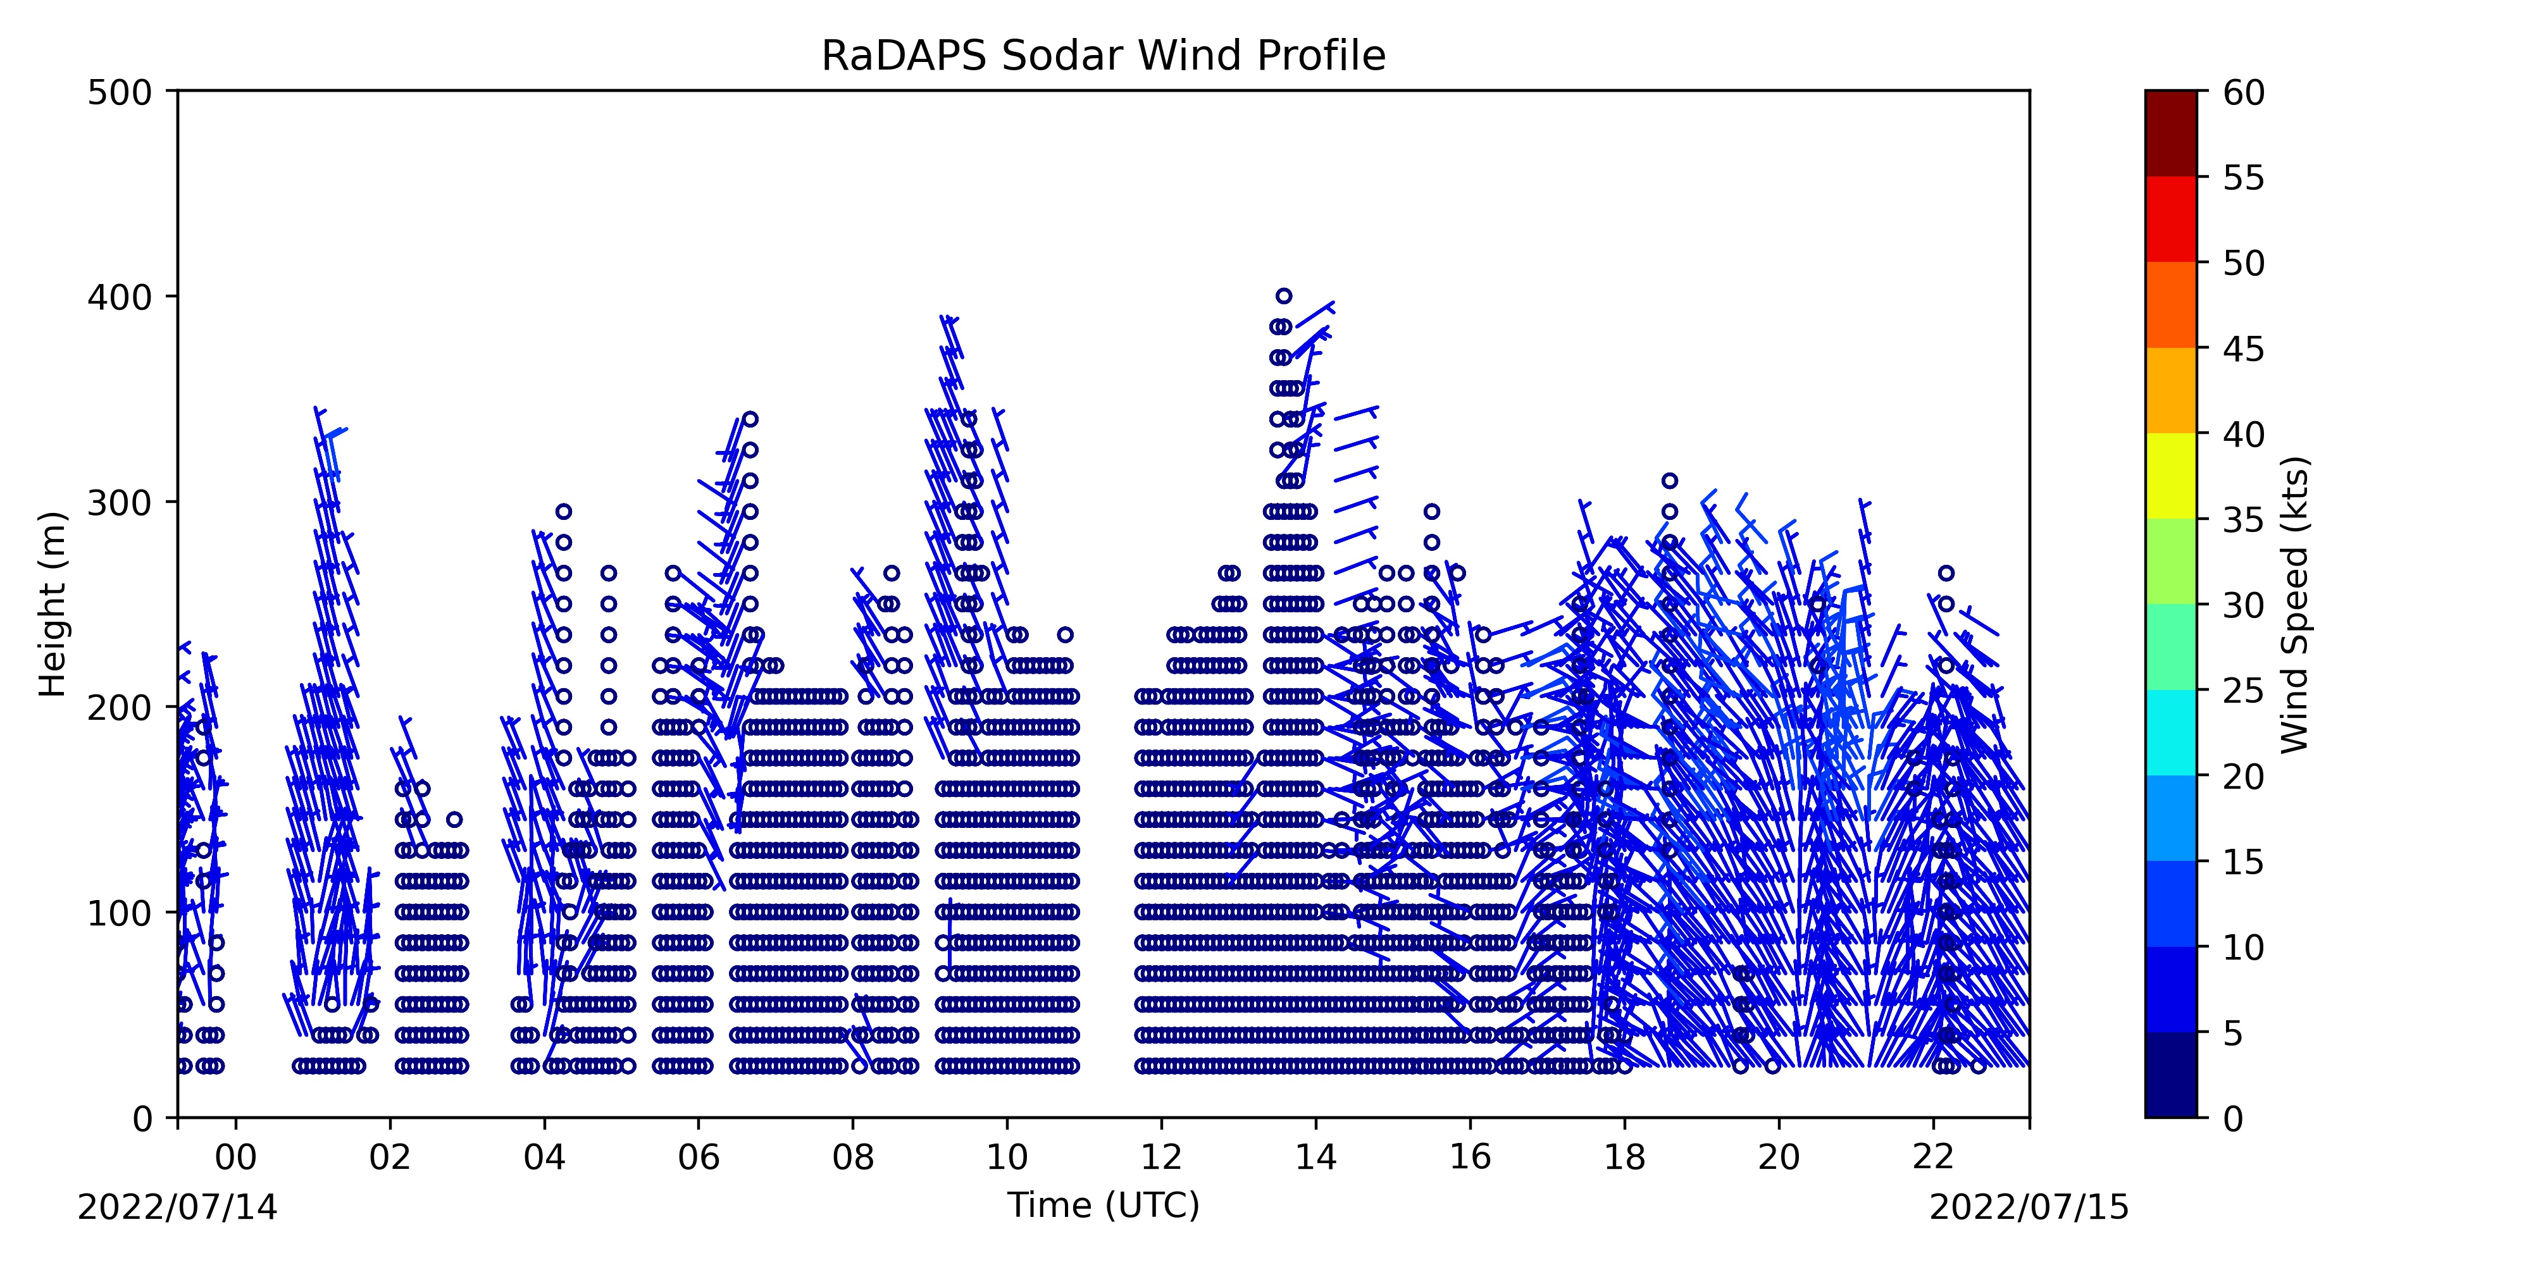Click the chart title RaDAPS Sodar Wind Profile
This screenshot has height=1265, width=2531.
tap(1104, 56)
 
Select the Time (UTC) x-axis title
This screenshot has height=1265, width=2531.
tap(1104, 1205)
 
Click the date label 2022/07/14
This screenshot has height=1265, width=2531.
tap(178, 1207)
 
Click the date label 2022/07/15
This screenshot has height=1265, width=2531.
tap(2029, 1207)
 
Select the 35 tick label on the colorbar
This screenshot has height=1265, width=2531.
tap(2244, 519)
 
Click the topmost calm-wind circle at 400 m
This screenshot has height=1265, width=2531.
tap(1283, 295)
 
